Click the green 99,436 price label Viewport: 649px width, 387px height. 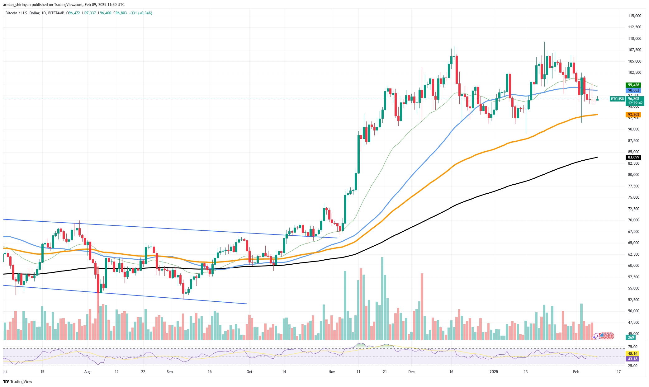tap(633, 85)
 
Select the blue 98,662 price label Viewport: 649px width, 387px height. tap(633, 90)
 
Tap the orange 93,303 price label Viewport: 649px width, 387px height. tap(633, 115)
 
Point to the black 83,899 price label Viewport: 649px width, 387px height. tap(633, 157)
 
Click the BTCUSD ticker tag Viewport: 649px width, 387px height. tap(618, 99)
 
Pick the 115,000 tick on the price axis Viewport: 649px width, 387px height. tap(634, 16)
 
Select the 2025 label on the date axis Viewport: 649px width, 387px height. tap(494, 371)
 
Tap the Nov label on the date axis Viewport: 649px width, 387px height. tap(332, 371)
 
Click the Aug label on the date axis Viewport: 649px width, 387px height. tap(88, 371)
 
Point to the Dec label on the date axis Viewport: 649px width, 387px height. tap(411, 371)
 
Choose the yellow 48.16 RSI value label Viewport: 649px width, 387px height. tap(632, 353)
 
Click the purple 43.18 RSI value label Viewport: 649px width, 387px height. tap(632, 359)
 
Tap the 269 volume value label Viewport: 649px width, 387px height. tap(631, 337)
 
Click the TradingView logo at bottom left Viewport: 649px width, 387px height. tap(18, 381)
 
